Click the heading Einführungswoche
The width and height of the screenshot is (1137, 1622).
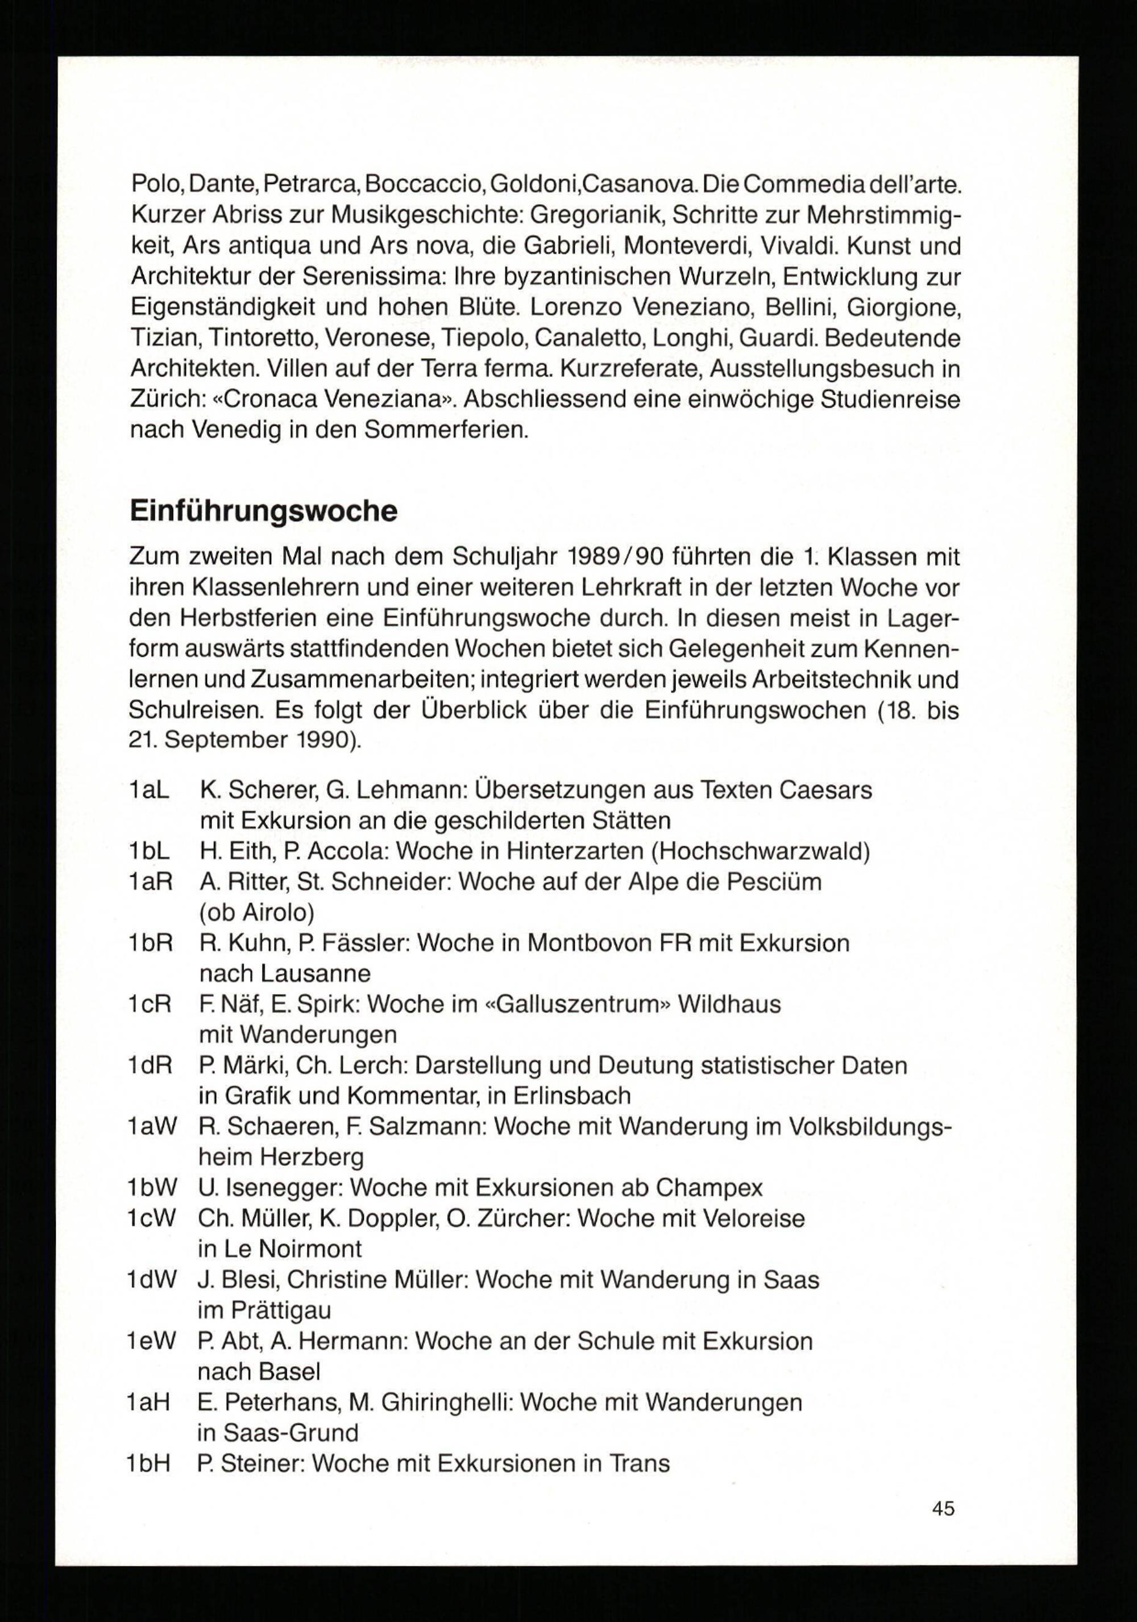coord(264,511)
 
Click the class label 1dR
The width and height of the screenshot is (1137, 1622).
coord(151,1065)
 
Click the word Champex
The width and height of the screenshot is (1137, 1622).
coord(709,1188)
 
